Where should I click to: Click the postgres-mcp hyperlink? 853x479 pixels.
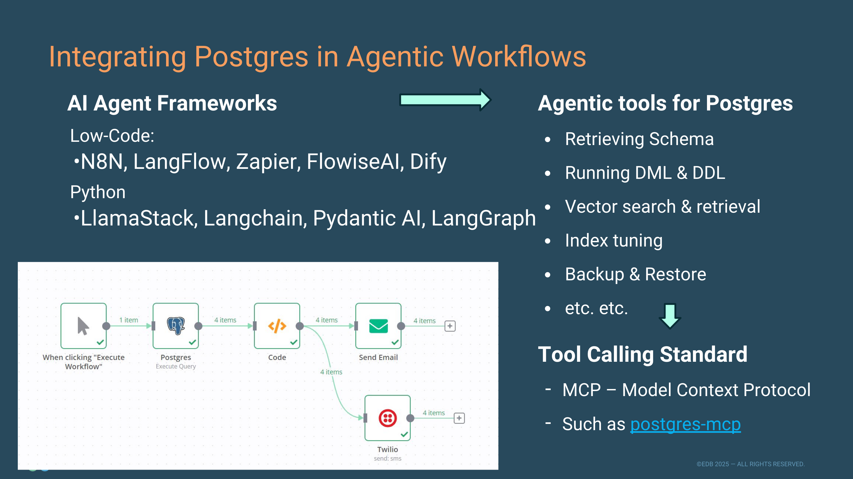pyautogui.click(x=685, y=424)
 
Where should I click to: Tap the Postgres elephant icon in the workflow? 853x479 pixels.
pyautogui.click(x=176, y=326)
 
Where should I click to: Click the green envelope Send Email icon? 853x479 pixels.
pyautogui.click(x=378, y=326)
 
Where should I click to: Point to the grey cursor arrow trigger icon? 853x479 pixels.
pyautogui.click(x=83, y=326)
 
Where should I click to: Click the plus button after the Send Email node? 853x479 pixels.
pyautogui.click(x=450, y=326)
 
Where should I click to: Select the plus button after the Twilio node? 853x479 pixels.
pyautogui.click(x=459, y=418)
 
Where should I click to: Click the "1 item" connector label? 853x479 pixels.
pyautogui.click(x=128, y=320)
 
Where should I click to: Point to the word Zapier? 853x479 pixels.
pyautogui.click(x=268, y=162)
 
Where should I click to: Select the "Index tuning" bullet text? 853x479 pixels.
pyautogui.click(x=614, y=241)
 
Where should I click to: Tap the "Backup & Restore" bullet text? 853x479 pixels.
pyautogui.click(x=635, y=274)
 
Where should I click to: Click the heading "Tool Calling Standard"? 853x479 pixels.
pyautogui.click(x=642, y=354)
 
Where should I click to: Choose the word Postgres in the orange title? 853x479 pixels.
pyautogui.click(x=251, y=57)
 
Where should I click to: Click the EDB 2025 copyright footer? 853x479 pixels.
pyautogui.click(x=750, y=464)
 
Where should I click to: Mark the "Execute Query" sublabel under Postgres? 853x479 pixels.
pyautogui.click(x=176, y=366)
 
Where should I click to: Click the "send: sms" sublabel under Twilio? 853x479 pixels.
pyautogui.click(x=387, y=458)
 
